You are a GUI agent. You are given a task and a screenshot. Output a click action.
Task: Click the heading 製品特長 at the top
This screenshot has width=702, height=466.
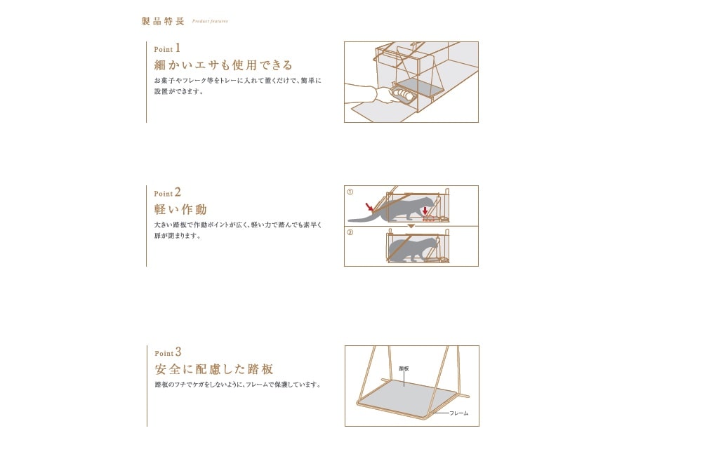pyautogui.click(x=163, y=21)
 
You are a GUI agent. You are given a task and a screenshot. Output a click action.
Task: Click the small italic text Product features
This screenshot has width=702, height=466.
pyautogui.click(x=210, y=21)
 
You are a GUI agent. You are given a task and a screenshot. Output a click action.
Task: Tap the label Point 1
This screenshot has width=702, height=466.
pyautogui.click(x=167, y=48)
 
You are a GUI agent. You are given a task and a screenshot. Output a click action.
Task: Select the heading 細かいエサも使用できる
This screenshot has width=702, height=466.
pyautogui.click(x=223, y=65)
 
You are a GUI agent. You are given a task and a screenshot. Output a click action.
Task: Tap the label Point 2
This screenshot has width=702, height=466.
pyautogui.click(x=168, y=192)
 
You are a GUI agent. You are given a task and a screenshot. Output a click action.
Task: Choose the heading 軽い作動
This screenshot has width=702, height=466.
pyautogui.click(x=180, y=209)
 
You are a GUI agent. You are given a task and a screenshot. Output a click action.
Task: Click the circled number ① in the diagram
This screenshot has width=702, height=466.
pyautogui.click(x=350, y=192)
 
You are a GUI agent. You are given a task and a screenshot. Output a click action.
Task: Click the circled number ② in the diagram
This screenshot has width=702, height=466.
pyautogui.click(x=350, y=232)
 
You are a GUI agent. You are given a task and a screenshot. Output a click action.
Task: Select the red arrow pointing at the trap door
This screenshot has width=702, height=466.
pyautogui.click(x=369, y=206)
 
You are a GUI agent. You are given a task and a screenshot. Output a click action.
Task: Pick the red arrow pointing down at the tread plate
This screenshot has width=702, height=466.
pyautogui.click(x=425, y=211)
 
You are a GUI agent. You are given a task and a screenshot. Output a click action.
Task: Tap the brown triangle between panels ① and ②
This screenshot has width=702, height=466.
pyautogui.click(x=411, y=227)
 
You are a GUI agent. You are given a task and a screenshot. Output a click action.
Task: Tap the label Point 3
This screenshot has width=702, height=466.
pyautogui.click(x=168, y=352)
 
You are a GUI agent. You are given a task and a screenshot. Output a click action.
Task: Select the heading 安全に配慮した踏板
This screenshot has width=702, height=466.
pyautogui.click(x=214, y=369)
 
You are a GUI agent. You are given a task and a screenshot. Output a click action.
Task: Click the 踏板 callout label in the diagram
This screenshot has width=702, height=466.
pyautogui.click(x=404, y=369)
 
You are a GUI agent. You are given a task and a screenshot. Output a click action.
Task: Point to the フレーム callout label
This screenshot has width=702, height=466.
pyautogui.click(x=459, y=413)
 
